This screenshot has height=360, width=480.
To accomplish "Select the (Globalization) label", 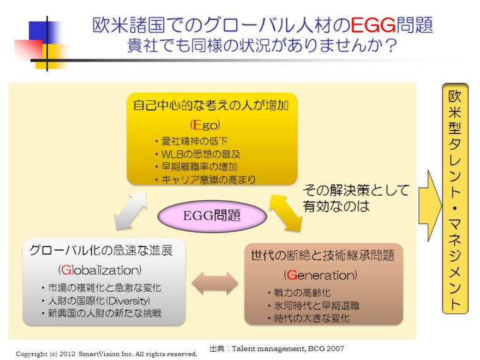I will pos(100,270).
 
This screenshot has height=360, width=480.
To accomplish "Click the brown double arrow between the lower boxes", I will pos(215,283).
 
